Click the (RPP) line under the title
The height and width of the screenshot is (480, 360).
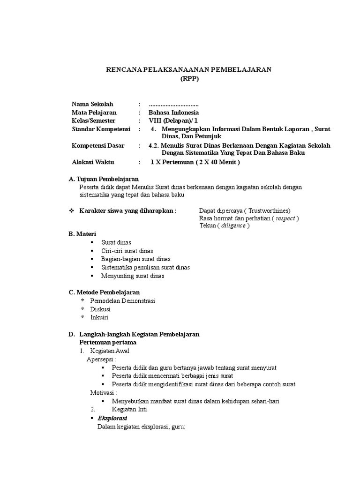(190, 79)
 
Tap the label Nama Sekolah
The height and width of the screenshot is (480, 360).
(92, 104)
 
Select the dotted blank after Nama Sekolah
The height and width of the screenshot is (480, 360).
(173, 104)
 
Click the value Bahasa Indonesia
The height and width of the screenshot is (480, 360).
(173, 112)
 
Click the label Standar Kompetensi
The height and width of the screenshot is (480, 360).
(101, 129)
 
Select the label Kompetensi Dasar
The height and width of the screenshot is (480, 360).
(98, 146)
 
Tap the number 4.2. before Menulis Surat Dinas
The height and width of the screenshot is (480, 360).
(153, 146)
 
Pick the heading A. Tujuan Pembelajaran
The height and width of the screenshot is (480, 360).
(104, 179)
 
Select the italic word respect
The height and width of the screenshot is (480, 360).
(285, 218)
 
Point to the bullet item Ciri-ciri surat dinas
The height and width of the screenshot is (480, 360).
(127, 251)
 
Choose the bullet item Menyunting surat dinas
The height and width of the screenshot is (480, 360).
(133, 276)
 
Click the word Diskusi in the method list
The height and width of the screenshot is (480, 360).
(100, 309)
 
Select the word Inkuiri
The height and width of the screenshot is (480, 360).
(99, 317)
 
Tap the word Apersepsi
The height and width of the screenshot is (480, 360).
(101, 359)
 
